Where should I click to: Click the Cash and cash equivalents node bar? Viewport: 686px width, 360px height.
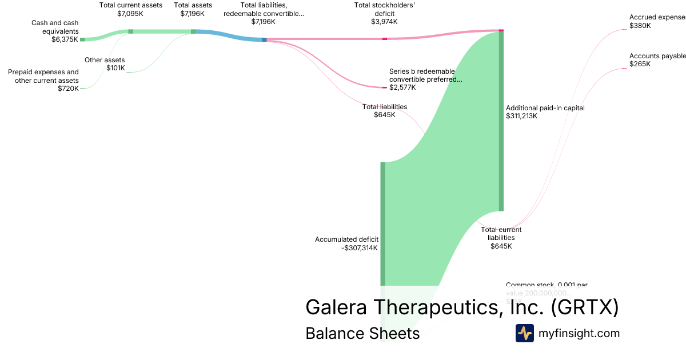point(82,39)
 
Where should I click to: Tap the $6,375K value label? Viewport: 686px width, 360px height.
point(65,39)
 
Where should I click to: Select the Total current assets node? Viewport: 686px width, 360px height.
point(130,31)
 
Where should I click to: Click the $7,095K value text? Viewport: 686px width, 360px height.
point(131,13)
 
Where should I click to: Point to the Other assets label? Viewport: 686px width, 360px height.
point(105,59)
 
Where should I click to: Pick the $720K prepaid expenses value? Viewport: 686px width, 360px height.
point(68,89)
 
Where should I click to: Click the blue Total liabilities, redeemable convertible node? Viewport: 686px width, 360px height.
point(264,39)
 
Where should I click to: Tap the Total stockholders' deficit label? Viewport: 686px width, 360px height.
point(384,9)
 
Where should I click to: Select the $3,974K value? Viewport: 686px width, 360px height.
point(384,22)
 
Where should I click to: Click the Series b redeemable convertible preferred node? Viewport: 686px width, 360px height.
point(385,87)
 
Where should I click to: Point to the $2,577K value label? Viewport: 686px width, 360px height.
point(402,87)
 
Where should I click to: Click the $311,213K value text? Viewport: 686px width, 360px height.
point(521,116)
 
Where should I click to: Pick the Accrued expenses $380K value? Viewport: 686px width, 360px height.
point(641,26)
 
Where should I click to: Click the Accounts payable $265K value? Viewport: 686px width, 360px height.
point(640,64)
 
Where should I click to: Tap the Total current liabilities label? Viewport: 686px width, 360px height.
point(501,234)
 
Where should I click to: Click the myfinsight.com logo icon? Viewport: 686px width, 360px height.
point(524,333)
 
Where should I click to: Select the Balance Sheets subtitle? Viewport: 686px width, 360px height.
point(362,333)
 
